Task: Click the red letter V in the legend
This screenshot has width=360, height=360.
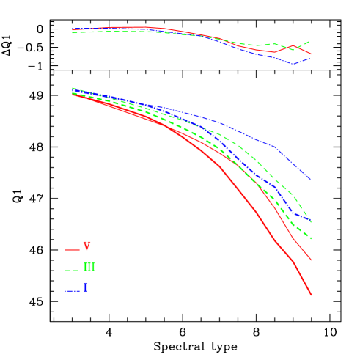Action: [87, 246]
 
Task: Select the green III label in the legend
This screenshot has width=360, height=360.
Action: [89, 268]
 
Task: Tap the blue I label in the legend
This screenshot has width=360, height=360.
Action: [85, 287]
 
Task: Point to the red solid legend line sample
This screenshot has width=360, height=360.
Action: [72, 250]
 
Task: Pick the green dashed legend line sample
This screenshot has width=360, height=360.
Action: [72, 271]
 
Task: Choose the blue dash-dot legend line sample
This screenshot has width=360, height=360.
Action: [72, 291]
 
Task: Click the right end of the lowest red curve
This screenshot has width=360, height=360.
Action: [312, 295]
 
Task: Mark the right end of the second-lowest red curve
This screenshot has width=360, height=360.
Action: [312, 260]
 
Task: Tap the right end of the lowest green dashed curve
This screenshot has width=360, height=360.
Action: [312, 239]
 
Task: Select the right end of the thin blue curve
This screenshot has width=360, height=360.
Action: [311, 179]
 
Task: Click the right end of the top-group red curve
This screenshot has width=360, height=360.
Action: [312, 54]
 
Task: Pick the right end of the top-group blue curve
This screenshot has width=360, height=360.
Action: [312, 58]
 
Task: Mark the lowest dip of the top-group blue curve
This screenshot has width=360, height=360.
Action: [293, 64]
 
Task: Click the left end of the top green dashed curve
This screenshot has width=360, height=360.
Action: [72, 32]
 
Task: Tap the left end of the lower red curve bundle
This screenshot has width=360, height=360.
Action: [72, 95]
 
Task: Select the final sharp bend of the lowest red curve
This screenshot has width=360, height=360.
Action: [294, 262]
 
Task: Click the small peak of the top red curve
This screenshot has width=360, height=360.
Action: [293, 46]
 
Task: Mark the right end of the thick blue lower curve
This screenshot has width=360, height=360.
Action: [312, 221]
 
